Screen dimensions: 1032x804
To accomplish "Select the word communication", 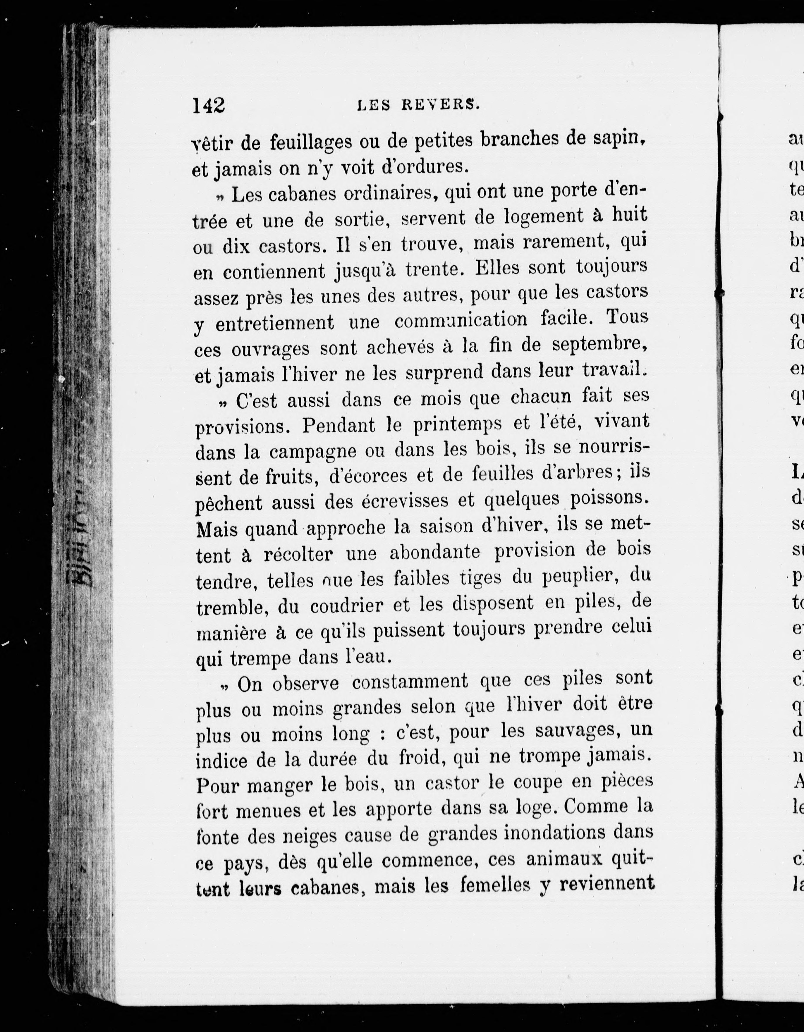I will (x=461, y=321).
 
